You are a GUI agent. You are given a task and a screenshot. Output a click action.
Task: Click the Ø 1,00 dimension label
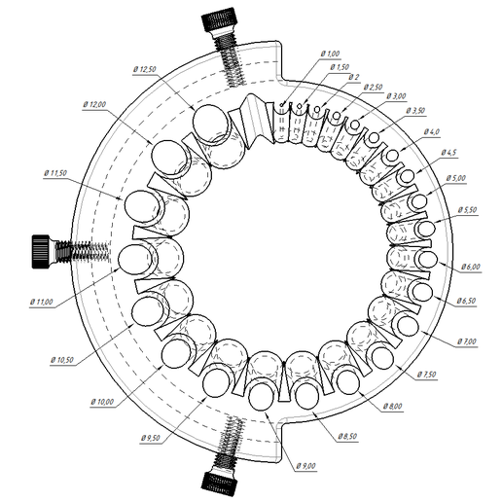point(330,54)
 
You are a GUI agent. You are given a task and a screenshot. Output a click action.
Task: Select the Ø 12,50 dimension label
point(148,69)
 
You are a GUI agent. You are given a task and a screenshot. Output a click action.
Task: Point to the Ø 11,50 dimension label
point(60,172)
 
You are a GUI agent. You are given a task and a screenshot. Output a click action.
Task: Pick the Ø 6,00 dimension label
point(470,267)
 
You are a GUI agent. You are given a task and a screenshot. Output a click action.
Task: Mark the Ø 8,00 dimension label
point(390,405)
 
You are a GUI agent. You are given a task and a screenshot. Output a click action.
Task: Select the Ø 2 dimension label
point(353,77)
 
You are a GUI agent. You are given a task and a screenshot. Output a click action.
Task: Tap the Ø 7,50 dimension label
point(426,374)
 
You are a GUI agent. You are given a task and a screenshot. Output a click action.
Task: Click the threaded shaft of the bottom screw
point(233,438)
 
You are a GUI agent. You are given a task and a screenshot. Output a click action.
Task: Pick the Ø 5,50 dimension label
point(468,209)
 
